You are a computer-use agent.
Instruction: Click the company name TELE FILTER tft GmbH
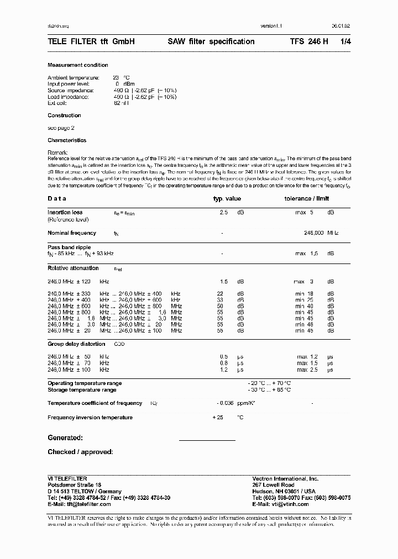coord(91,41)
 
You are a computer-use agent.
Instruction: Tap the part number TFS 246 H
coord(309,41)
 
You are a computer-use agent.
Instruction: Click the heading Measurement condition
coord(78,65)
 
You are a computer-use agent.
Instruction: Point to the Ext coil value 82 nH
coord(121,103)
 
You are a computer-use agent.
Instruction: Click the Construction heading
coord(64,115)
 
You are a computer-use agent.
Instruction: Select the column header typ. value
coord(227,198)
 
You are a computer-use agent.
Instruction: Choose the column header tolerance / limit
coord(306,198)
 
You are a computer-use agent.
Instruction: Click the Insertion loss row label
coord(65,212)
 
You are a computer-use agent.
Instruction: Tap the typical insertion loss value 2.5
coord(223,212)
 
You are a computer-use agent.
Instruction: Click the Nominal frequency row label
coord(72,233)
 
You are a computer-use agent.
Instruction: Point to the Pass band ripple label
coord(69,247)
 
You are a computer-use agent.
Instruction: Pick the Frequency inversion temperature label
coord(90,418)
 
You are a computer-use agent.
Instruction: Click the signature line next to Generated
coord(207,440)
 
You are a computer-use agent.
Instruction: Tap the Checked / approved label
coord(80,452)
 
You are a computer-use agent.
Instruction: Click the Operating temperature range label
coord(85,383)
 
